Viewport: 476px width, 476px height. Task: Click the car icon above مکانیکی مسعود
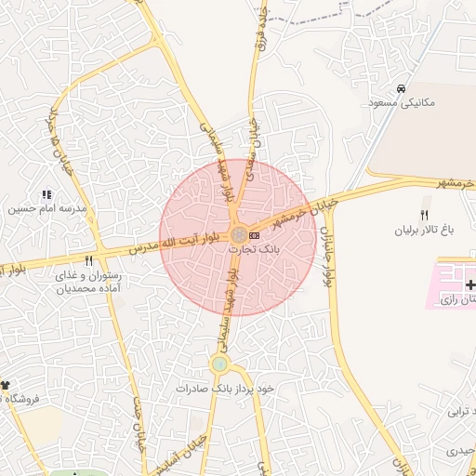click(401, 89)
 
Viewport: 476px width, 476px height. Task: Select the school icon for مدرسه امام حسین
click(46, 194)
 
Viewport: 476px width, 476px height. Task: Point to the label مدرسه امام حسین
click(47, 209)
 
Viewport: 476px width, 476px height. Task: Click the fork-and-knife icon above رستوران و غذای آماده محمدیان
click(89, 261)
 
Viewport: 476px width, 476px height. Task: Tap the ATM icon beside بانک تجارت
click(255, 235)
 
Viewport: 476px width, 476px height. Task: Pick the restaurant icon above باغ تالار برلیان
click(425, 215)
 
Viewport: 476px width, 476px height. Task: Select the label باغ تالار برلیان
click(423, 229)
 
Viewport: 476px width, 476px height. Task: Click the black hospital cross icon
click(470, 284)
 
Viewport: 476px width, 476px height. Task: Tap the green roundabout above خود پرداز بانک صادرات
click(219, 364)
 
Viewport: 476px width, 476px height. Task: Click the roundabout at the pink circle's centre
click(239, 234)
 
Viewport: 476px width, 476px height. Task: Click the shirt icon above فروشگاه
click(6, 385)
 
